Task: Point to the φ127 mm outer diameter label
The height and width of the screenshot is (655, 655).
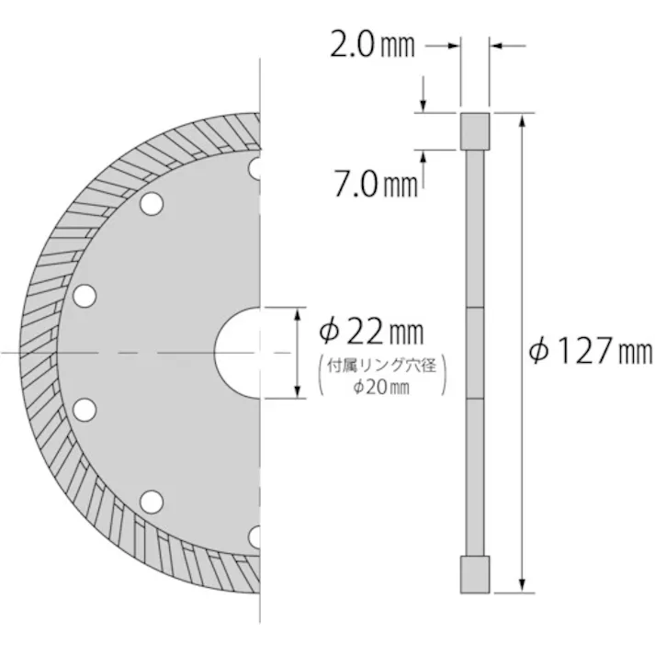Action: tap(593, 350)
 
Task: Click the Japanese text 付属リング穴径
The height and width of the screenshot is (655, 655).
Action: tap(381, 367)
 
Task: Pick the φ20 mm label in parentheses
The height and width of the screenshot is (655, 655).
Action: tap(380, 388)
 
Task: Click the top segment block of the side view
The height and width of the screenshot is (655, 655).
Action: tap(474, 130)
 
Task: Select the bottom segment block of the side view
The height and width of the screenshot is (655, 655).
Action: tap(474, 574)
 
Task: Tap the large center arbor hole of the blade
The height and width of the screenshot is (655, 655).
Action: tap(239, 352)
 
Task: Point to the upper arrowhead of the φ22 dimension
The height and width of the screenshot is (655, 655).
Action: tap(298, 313)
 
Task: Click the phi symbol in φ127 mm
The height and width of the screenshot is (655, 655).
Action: tap(541, 350)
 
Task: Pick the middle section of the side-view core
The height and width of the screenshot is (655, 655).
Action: tap(474, 353)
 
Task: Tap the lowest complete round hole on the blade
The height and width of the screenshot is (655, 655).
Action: tap(151, 502)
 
